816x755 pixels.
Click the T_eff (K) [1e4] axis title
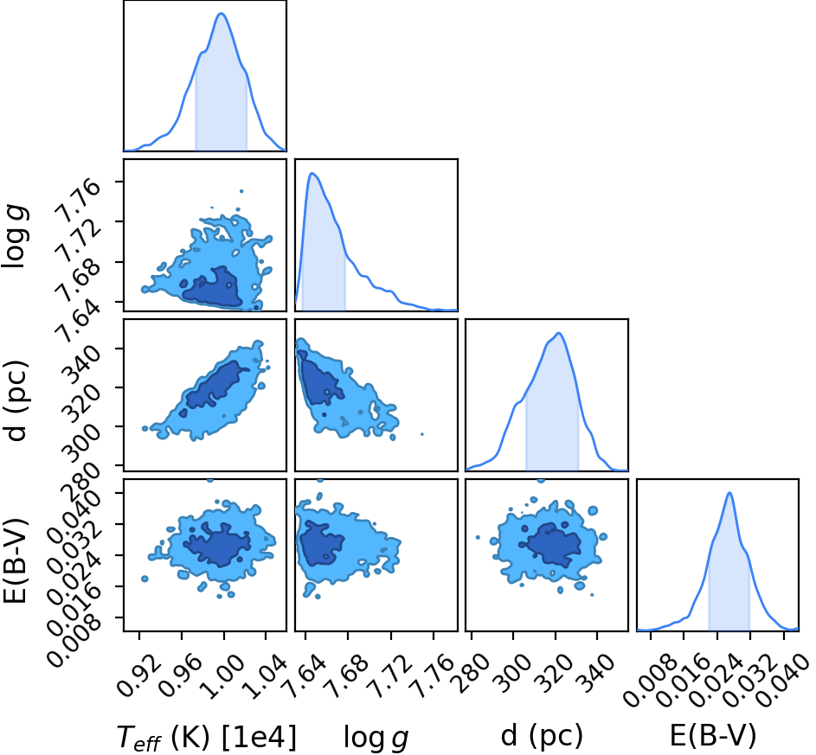(207, 738)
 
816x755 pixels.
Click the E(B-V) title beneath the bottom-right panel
(713, 736)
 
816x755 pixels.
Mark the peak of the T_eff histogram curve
(222, 14)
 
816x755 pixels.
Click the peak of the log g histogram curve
(312, 173)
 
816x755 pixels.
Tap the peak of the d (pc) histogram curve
(558, 333)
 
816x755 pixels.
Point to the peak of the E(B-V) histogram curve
(729, 493)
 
